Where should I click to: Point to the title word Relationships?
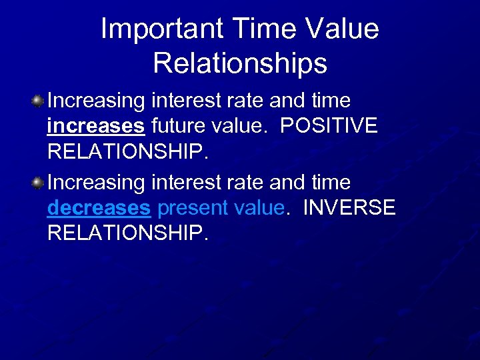(x=240, y=63)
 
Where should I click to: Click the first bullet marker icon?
(x=38, y=101)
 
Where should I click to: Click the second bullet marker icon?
(x=38, y=182)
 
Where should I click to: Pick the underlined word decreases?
(x=99, y=208)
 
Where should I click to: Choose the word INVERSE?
(x=349, y=208)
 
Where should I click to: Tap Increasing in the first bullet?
(x=97, y=101)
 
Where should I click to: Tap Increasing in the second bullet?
(x=97, y=182)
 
